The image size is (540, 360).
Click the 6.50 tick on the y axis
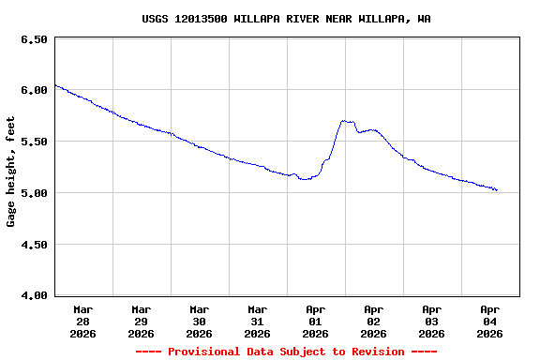click(34, 39)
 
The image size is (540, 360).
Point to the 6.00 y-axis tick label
click(34, 91)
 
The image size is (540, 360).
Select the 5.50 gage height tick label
click(34, 142)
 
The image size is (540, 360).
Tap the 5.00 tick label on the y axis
click(34, 193)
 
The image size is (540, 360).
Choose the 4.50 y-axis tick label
click(34, 245)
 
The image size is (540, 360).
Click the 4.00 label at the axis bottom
click(34, 295)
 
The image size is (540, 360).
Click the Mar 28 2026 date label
click(83, 321)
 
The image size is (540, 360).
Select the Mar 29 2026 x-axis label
click(142, 321)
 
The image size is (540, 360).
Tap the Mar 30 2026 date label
click(200, 321)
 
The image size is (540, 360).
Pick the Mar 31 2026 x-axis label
click(258, 321)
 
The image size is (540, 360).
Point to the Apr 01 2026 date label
click(316, 321)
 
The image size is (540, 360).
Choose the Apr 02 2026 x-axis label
click(374, 321)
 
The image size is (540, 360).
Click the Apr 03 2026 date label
click(432, 321)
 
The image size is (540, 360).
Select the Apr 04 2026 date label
click(490, 321)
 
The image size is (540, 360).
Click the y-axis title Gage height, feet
click(11, 172)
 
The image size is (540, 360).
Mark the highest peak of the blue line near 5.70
click(345, 120)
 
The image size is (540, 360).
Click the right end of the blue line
click(497, 190)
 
